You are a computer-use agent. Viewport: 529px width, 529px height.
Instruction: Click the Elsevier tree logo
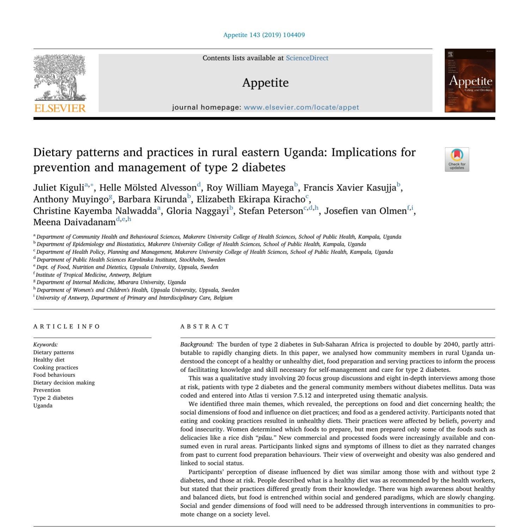[60, 78]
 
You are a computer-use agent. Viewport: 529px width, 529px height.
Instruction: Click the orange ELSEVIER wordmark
[60, 108]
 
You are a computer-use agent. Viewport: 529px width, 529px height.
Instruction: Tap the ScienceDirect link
[307, 58]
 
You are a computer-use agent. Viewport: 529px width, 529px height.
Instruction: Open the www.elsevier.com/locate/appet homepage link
[301, 107]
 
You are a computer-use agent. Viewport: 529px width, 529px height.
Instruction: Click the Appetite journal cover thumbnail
[470, 81]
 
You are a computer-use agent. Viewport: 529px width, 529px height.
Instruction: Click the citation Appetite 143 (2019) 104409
[264, 35]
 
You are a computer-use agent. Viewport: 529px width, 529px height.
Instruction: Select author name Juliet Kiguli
[59, 188]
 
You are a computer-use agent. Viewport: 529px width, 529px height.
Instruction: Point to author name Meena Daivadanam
[74, 223]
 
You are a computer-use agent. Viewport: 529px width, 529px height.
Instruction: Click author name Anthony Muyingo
[71, 199]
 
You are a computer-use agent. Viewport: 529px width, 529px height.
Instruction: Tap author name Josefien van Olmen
[365, 211]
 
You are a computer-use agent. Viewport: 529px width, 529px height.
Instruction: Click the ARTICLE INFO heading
[67, 327]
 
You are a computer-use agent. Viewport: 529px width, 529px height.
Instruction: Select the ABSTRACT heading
[205, 327]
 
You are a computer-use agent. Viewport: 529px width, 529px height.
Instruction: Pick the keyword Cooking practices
[56, 367]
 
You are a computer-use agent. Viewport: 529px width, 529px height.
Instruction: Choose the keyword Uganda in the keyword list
[43, 406]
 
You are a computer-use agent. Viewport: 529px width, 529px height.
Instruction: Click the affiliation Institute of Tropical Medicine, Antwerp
[93, 275]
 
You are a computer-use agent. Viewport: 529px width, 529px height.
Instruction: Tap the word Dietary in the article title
[53, 152]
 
